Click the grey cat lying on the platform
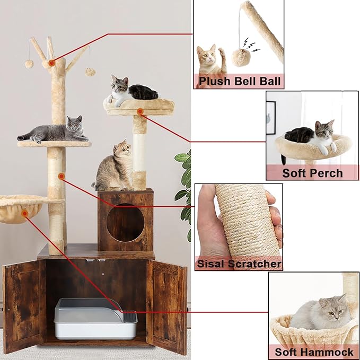[x=54, y=131]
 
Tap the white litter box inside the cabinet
[x=96, y=319]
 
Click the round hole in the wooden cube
[x=125, y=223]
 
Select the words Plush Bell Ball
[x=240, y=81]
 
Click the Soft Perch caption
[x=312, y=173]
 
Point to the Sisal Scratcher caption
[x=239, y=264]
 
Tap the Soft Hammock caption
[x=314, y=352]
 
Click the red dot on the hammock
[x=24, y=214]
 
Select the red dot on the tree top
[x=52, y=63]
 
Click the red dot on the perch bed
[x=141, y=112]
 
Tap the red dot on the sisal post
[x=62, y=177]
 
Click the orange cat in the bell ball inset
[x=210, y=60]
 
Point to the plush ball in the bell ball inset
[x=240, y=57]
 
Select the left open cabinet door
[x=24, y=306]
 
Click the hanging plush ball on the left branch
[x=29, y=64]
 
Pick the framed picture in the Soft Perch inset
[x=271, y=118]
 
